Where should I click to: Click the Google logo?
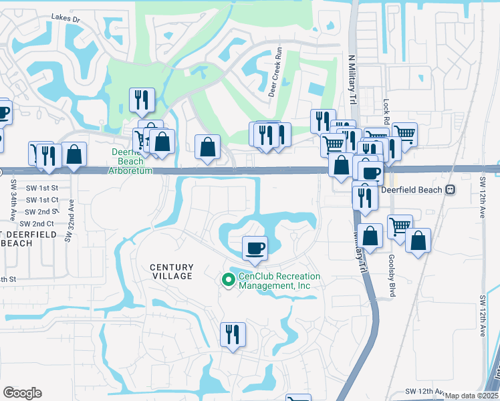22,393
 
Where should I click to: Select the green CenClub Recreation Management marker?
227,281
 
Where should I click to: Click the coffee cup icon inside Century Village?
255,249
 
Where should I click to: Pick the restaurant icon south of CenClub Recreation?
233,334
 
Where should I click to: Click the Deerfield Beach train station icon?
451,190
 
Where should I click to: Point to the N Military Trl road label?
352,80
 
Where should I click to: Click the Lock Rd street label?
386,110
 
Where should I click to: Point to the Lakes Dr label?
66,20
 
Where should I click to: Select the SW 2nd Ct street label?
37,223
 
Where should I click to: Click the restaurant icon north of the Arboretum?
142,100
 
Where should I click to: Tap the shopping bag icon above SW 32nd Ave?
76,154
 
